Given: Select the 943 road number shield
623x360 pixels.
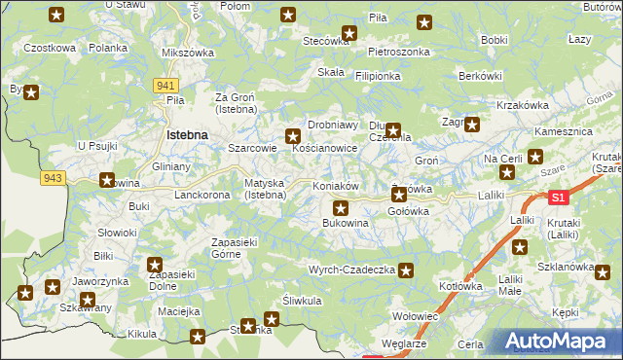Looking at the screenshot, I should pos(54,177).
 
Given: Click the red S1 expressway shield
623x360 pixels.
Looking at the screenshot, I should pos(557,198).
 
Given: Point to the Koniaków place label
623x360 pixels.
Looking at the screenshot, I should pos(338,186).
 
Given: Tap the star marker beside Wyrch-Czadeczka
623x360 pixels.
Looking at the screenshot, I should pos(406,271).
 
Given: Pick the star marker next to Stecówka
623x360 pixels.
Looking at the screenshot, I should pos(349,33).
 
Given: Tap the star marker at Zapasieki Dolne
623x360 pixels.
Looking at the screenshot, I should pos(155,264).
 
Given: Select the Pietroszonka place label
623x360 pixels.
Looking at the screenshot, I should pos(399,50).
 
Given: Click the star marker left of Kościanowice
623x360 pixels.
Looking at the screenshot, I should pos(292,137).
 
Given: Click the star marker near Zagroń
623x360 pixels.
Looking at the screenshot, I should pos(472,124).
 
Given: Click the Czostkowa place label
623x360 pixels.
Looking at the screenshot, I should pos(50,48).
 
